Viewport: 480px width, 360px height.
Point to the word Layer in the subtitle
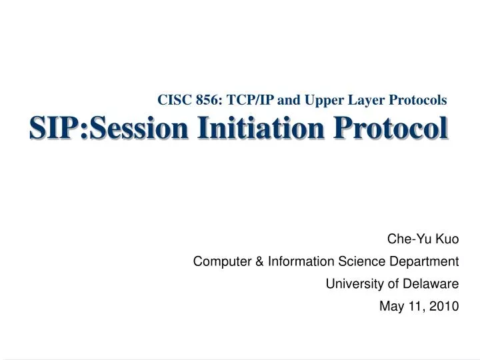pos(359,100)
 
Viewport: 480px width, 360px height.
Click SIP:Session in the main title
pos(107,127)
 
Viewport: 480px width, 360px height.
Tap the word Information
pos(297,261)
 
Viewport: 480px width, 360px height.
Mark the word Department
pos(422,261)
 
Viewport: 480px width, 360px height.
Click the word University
pos(350,284)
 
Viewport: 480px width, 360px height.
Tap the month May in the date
pos(391,307)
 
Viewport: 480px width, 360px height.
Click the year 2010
pos(445,307)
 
